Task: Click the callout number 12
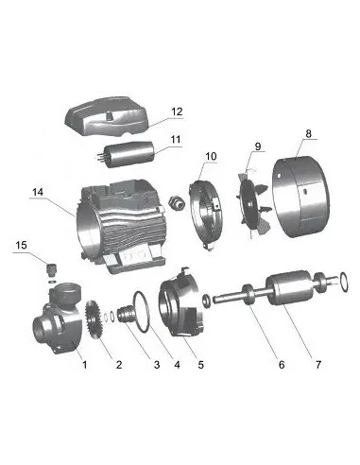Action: pos(177,112)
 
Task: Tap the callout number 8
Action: pos(308,133)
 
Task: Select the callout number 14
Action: pos(38,192)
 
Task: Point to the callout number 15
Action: pos(22,245)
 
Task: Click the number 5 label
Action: pos(201,365)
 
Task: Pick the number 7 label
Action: pos(318,365)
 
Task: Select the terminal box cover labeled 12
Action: pos(107,116)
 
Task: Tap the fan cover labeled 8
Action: pos(300,196)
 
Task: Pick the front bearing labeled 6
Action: pos(249,295)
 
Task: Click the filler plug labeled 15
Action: pos(52,269)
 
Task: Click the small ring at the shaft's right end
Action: pos(343,283)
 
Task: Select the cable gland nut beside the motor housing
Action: pos(175,202)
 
